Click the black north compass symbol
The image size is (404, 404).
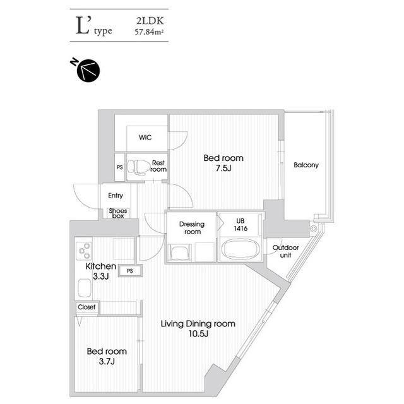(x=88, y=70)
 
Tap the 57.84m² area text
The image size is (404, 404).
(x=150, y=32)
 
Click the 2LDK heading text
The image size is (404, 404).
(x=150, y=21)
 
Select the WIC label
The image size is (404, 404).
(x=145, y=138)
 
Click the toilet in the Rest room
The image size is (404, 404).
(x=139, y=166)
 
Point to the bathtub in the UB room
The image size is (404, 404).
(x=240, y=249)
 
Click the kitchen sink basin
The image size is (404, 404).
(x=84, y=288)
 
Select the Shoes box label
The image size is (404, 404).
(x=118, y=213)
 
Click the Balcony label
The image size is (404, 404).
(x=306, y=165)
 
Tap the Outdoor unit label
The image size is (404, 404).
(x=285, y=251)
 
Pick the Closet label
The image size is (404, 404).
(x=86, y=307)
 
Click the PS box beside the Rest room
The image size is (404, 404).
(x=119, y=167)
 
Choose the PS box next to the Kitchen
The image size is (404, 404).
(x=130, y=271)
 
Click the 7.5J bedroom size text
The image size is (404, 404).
(x=223, y=169)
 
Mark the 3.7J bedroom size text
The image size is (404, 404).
(x=107, y=362)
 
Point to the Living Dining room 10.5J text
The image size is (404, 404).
(x=198, y=328)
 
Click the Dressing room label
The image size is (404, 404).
(x=192, y=228)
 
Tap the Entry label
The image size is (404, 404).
(x=116, y=196)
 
